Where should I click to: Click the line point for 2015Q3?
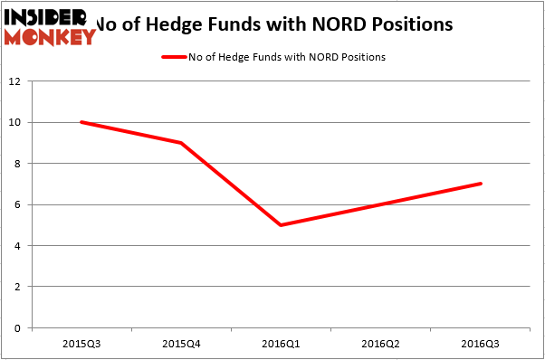click(81, 122)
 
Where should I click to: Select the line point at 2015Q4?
click(181, 143)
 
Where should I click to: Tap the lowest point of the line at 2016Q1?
click(281, 225)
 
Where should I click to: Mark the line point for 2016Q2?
click(380, 204)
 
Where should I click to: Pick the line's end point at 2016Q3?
click(480, 184)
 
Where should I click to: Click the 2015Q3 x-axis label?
click(81, 344)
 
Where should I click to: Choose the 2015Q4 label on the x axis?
click(181, 344)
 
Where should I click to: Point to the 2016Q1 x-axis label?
click(281, 344)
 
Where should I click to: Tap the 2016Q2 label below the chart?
click(380, 344)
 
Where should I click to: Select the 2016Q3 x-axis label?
click(480, 344)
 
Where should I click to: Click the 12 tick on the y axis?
click(15, 81)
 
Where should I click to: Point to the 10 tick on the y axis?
click(15, 122)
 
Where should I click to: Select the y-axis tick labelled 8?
click(18, 164)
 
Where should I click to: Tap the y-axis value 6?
click(18, 204)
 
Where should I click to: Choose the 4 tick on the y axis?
click(18, 246)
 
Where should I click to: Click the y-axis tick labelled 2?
click(18, 287)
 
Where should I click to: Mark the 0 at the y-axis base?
click(18, 328)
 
